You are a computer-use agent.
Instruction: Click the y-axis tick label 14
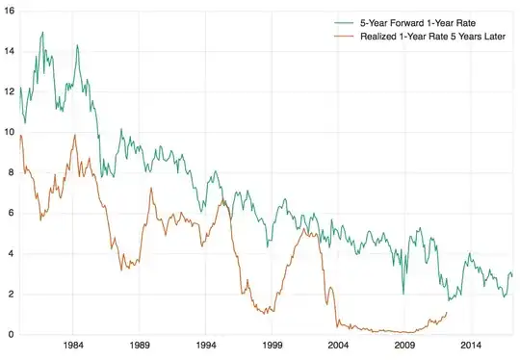click(x=8, y=51)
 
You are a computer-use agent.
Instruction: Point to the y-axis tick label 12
click(x=8, y=91)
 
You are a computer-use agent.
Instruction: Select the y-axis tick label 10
click(x=8, y=132)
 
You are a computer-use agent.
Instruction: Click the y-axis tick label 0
click(x=10, y=335)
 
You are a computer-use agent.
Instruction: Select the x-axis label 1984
click(x=72, y=346)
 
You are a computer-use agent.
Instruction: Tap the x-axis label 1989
click(x=139, y=346)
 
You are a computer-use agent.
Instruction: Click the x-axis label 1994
click(x=205, y=346)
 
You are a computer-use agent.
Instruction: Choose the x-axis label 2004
click(x=338, y=346)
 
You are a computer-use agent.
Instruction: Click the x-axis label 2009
click(x=404, y=346)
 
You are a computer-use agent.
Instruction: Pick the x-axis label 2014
click(x=471, y=346)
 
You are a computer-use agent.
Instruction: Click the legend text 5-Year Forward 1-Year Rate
click(x=417, y=21)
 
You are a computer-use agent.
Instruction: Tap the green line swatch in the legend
click(x=343, y=21)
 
